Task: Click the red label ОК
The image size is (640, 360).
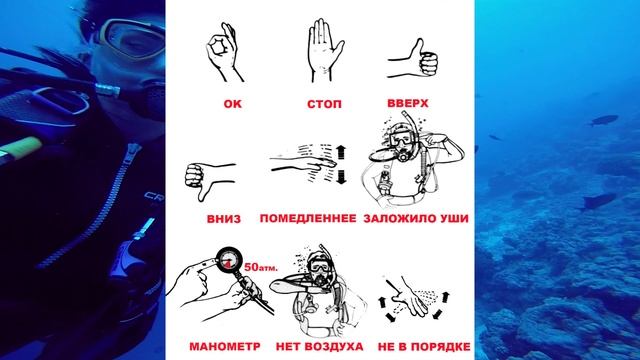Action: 233,104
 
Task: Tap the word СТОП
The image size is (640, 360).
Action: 324,104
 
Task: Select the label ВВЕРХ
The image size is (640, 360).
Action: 408,103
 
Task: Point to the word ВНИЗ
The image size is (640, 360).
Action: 224,219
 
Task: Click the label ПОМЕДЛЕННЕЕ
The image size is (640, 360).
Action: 308,218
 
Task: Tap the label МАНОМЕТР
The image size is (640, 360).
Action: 225,347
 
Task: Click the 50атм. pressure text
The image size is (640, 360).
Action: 261,267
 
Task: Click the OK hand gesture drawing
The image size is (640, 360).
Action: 224,52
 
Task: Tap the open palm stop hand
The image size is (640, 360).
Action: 324,50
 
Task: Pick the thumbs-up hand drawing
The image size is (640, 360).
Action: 412,59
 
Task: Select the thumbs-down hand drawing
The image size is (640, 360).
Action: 209,180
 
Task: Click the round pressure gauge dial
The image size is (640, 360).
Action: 229,260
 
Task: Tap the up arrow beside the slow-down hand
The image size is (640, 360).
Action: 341,152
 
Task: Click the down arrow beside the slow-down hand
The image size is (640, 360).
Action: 342,177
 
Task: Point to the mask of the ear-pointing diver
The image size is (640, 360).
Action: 400,139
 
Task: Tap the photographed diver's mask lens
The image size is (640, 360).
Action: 135,40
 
